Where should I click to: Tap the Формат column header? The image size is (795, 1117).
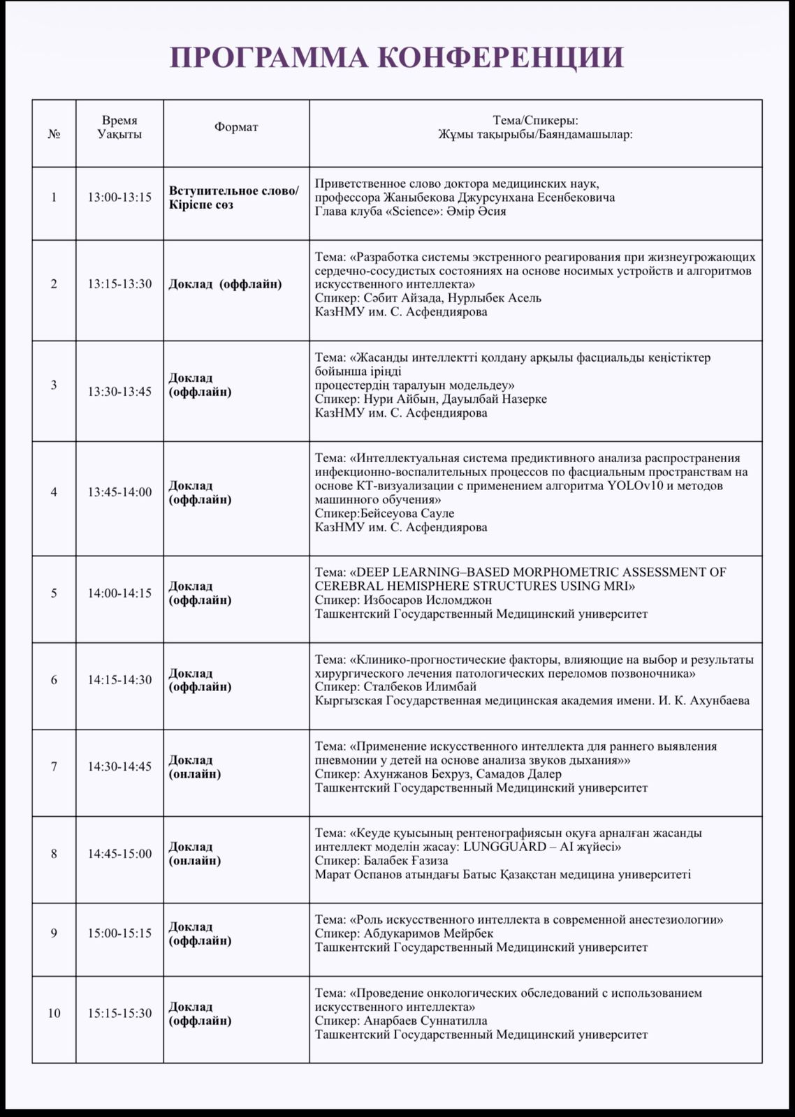tap(236, 127)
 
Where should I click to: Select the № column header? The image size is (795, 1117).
tap(54, 134)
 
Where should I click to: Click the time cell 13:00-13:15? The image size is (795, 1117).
tap(119, 198)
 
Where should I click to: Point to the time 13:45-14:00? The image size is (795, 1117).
tap(119, 492)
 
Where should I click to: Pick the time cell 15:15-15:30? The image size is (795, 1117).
tap(119, 1014)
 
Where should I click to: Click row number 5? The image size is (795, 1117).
tap(54, 593)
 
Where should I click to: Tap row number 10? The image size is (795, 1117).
tap(54, 1014)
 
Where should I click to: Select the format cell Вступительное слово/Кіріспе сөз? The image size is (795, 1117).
tap(233, 198)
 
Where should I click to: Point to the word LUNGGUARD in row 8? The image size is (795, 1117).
tap(497, 847)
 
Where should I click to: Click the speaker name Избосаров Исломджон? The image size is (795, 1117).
tap(428, 600)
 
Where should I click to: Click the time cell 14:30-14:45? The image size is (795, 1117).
tap(119, 767)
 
